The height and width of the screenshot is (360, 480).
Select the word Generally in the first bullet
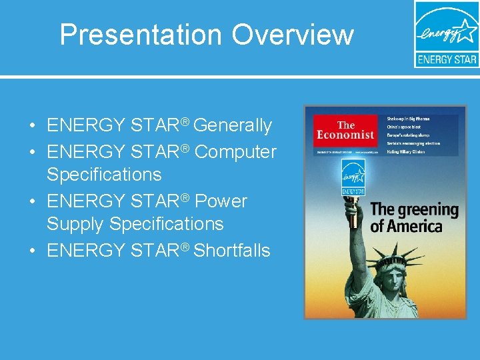[x=233, y=125]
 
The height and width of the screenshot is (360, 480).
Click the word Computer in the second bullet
[x=235, y=152]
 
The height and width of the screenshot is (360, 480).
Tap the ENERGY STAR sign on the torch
[x=353, y=177]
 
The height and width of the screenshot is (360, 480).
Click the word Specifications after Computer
[x=104, y=175]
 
